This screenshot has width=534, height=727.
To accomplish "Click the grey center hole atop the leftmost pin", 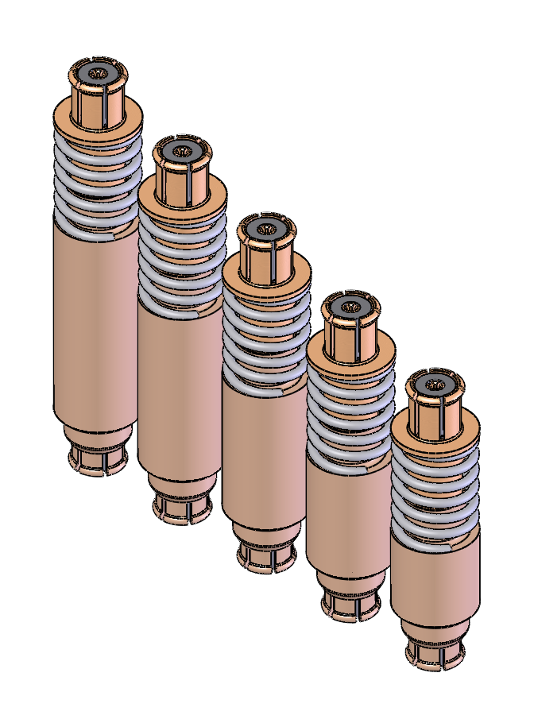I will click(x=99, y=74).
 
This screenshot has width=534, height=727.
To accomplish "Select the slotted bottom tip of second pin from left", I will click(x=182, y=509).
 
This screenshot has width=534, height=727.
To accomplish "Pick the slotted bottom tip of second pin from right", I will click(x=350, y=604).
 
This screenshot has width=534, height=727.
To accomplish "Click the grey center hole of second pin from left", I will click(x=183, y=151).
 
